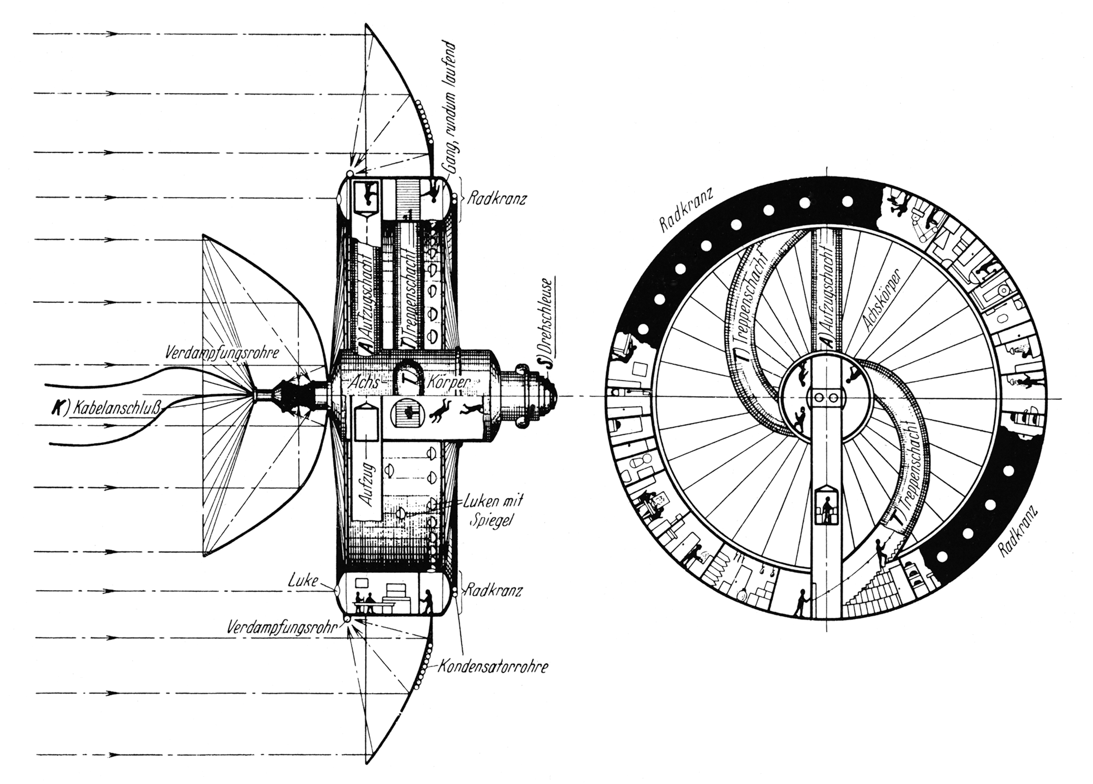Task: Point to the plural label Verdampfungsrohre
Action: click(222, 352)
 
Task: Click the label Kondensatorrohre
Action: click(492, 667)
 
